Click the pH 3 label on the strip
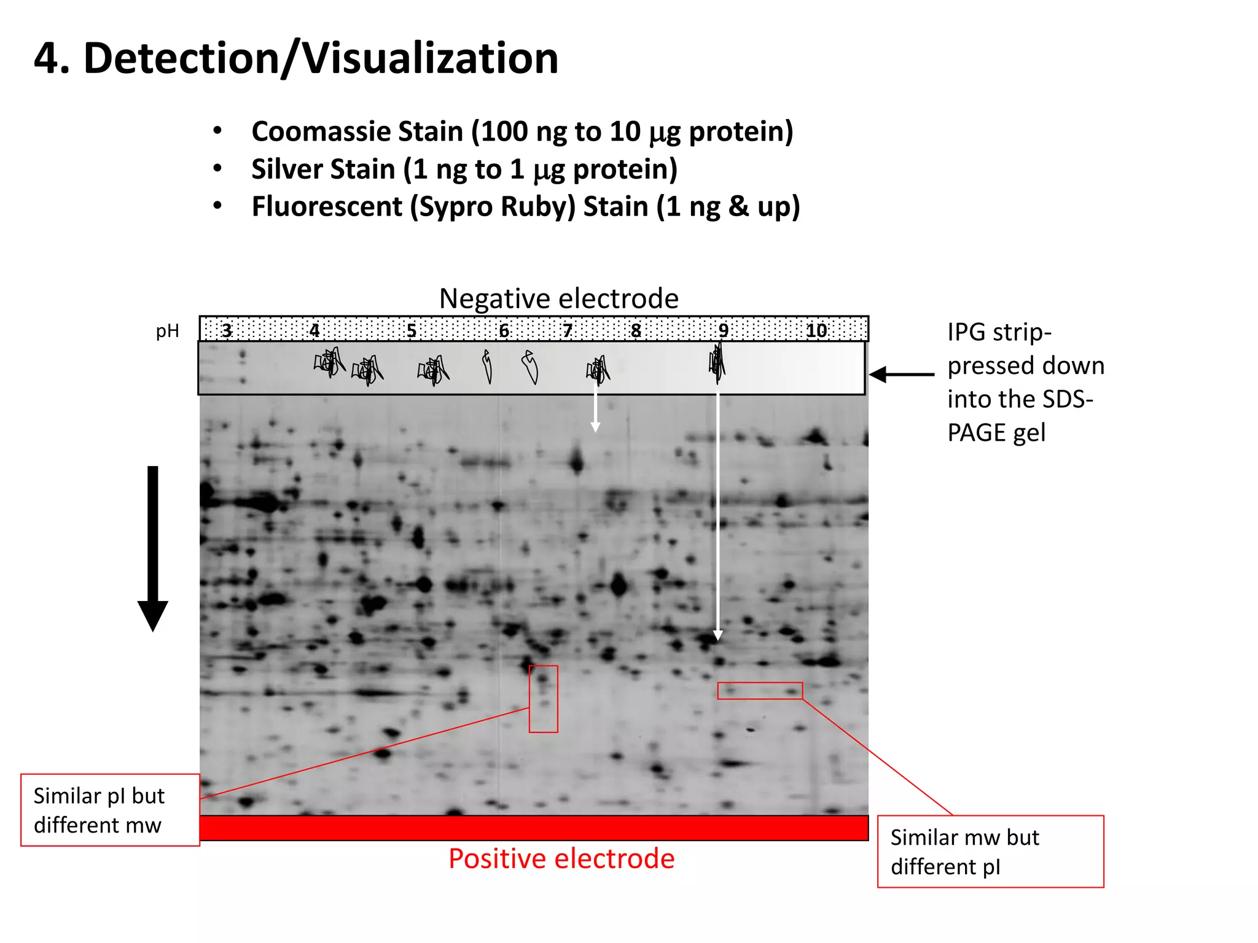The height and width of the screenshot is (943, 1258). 227,330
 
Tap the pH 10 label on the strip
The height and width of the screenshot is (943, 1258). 816,330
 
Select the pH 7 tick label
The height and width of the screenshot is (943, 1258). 568,330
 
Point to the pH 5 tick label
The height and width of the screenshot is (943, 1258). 412,330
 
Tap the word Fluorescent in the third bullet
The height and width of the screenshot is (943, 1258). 327,206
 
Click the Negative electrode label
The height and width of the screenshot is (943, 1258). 558,299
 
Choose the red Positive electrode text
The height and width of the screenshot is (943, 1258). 561,858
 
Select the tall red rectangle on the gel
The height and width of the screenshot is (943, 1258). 544,699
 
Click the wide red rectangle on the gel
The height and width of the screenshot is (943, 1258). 760,691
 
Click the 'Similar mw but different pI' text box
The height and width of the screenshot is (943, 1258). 990,852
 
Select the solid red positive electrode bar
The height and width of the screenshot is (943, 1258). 533,828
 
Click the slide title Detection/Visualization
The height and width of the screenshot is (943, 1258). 296,58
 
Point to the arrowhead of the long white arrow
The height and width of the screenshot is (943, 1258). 717,635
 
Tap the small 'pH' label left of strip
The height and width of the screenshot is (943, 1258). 168,331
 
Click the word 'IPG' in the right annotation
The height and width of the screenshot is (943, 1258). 967,332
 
